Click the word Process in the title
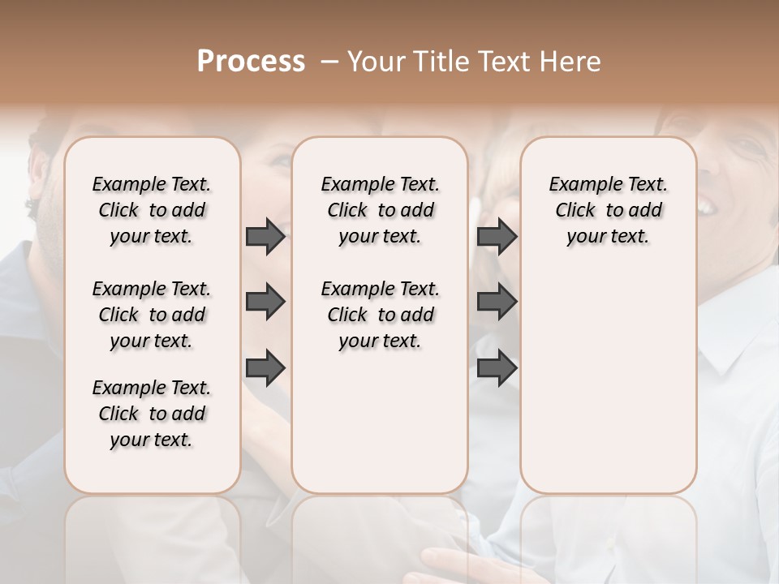point(251,62)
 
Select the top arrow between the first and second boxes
point(265,236)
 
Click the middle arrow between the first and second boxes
point(265,302)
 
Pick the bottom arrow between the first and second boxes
point(265,367)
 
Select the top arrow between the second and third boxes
point(497,236)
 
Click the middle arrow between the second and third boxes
point(497,302)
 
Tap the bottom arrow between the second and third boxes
point(497,367)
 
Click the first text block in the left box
point(152,210)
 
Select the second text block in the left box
point(152,315)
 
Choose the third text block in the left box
point(152,414)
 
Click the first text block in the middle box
point(380,210)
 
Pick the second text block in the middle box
point(380,315)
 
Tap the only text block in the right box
point(608,210)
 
